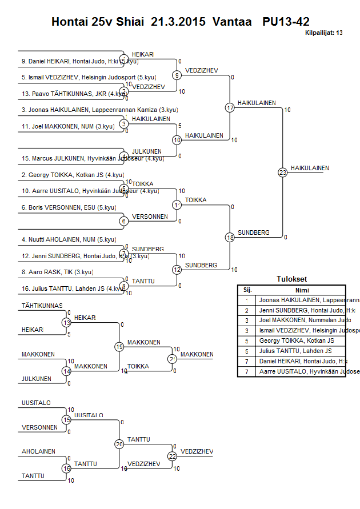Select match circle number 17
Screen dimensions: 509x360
230,107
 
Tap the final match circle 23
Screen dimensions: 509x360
282,172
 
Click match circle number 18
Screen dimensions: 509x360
230,237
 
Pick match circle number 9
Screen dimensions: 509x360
177,75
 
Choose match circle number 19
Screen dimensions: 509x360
119,346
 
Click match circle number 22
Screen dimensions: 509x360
173,456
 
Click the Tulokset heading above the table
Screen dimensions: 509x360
291,279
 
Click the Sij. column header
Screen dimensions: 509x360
247,290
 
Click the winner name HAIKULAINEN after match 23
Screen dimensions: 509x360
310,168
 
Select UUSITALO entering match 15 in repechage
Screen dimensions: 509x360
36,403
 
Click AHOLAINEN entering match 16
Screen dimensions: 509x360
38,451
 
